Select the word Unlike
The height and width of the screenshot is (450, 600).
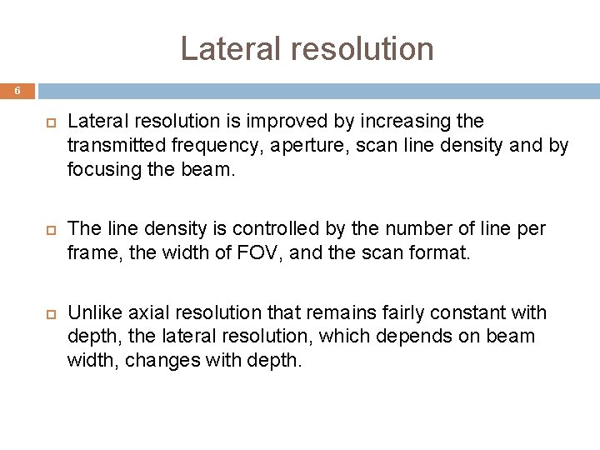tap(91, 313)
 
